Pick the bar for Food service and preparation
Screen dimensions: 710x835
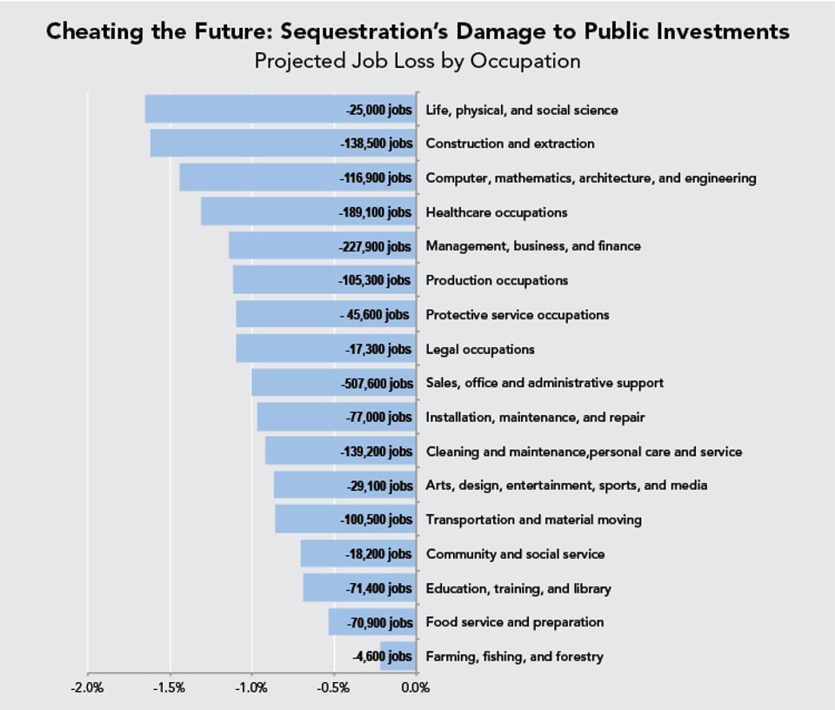pos(372,622)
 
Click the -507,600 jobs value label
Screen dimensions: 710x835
pos(377,384)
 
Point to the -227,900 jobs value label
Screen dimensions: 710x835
pos(375,247)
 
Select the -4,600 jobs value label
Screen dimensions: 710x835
pos(383,657)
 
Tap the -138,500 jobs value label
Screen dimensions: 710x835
pos(377,144)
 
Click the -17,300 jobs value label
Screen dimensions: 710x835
pos(378,350)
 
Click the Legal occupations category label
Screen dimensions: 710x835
pos(480,350)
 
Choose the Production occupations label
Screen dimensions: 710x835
pos(497,281)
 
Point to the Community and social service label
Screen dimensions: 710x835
pos(515,554)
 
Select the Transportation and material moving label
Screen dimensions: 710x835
pos(533,520)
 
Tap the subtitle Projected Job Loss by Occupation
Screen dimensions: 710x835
pos(417,62)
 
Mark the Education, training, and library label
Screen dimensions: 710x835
pos(518,589)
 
